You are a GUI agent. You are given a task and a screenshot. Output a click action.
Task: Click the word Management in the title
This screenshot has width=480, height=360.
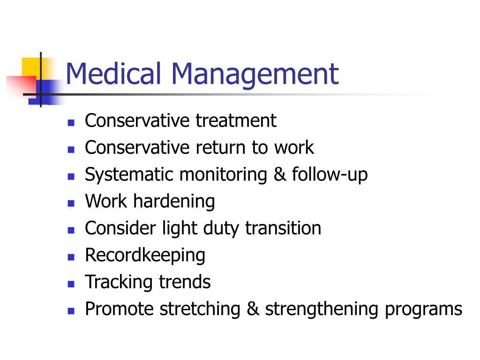coord(255,75)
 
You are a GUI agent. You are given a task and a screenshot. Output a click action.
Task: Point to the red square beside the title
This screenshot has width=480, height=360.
coord(22,86)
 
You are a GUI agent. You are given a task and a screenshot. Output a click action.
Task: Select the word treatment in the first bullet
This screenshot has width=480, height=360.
coord(236,120)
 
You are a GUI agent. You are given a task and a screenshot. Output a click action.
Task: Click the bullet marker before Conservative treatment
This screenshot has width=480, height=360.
coord(71,123)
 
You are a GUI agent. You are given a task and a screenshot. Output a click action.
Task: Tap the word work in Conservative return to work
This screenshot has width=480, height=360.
coord(294,147)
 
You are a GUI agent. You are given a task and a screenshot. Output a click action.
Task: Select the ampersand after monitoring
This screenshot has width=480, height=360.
coord(279,174)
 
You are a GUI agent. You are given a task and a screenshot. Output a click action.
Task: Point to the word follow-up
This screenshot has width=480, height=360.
coord(330,175)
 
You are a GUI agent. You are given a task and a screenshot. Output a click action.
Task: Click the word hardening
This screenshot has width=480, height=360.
coord(174,202)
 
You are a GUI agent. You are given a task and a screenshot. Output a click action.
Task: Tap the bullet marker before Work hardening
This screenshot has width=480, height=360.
coord(71,203)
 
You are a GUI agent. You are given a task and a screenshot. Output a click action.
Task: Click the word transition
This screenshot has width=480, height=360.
coord(283,228)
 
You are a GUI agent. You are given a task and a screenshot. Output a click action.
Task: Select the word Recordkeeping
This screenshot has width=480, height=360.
coord(145,256)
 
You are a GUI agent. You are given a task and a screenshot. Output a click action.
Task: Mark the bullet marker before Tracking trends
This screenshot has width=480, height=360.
coord(71,284)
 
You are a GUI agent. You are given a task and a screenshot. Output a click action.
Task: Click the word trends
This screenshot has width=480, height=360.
coord(185,282)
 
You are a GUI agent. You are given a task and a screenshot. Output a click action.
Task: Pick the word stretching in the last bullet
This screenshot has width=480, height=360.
coord(200,309)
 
